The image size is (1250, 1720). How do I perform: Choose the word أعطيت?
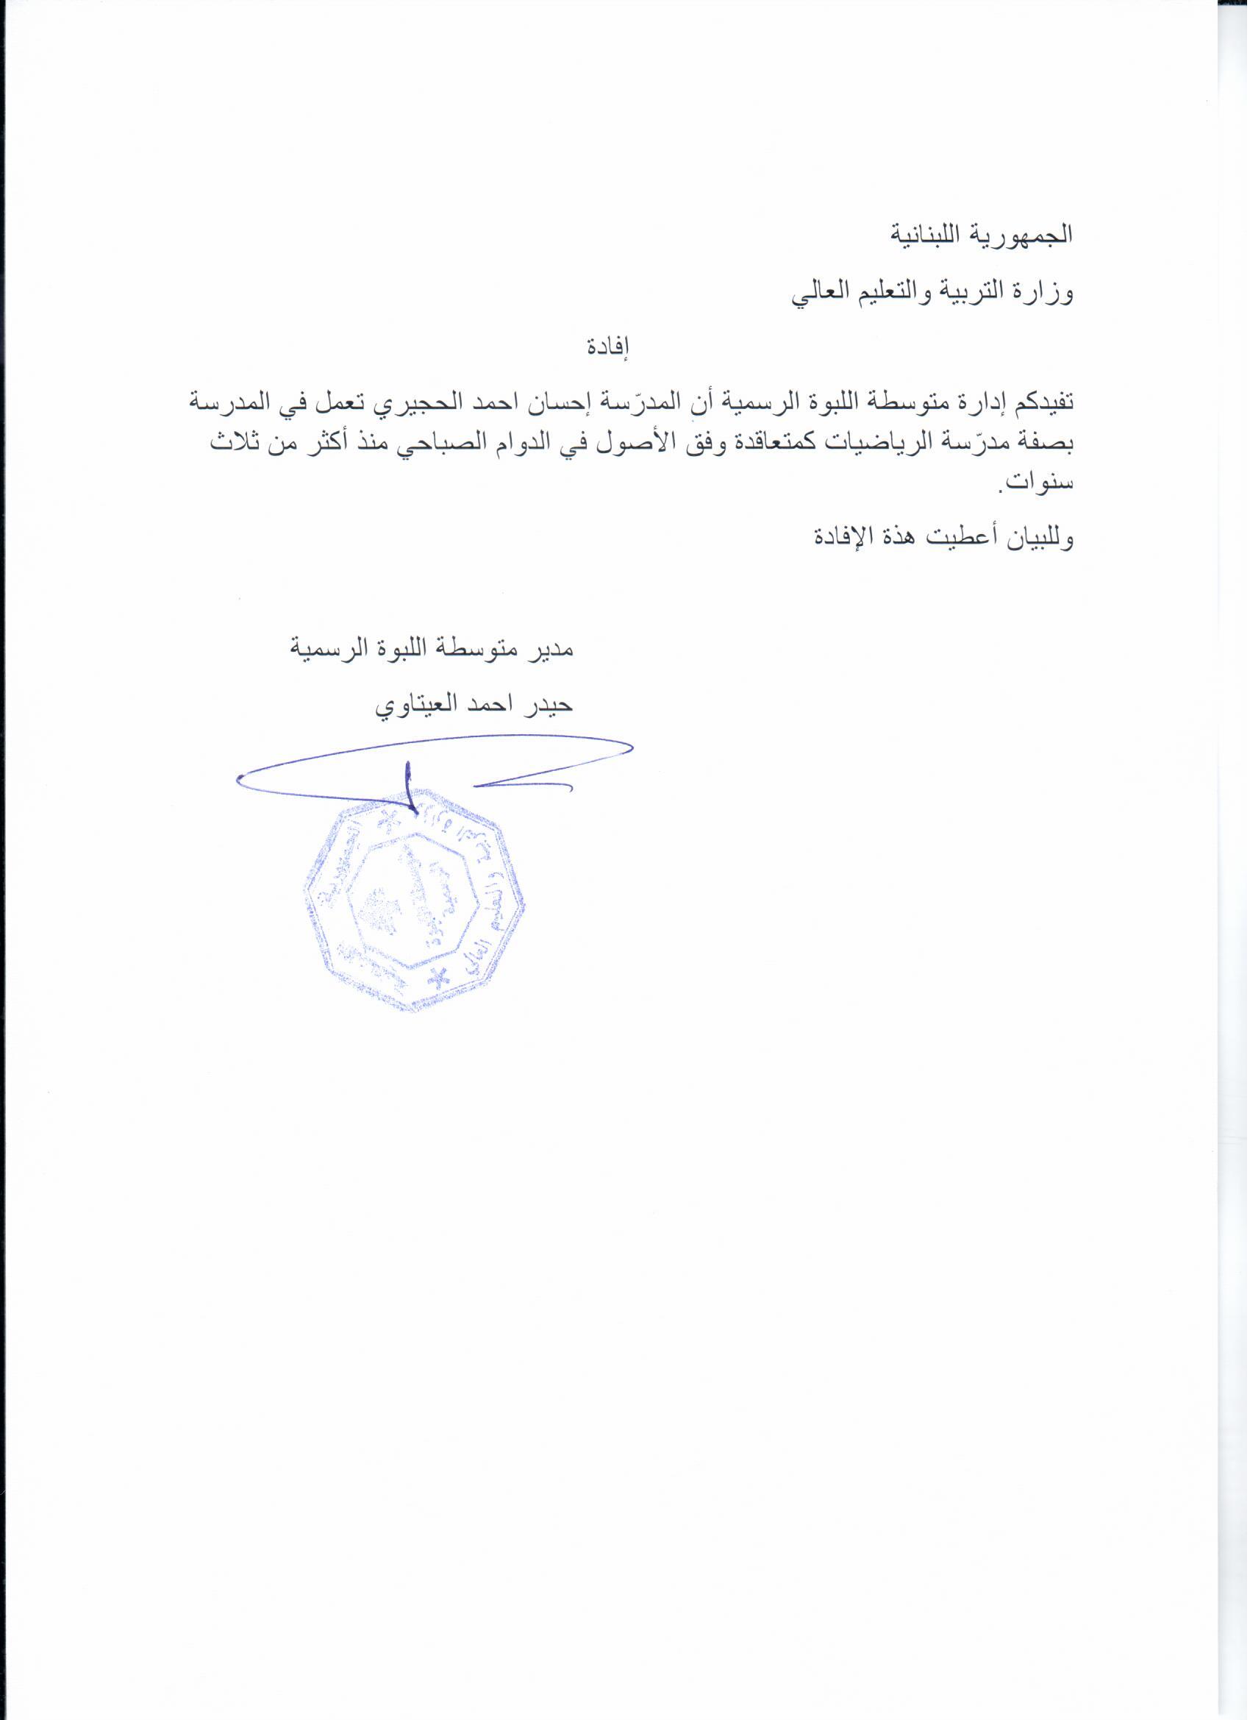(949, 538)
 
